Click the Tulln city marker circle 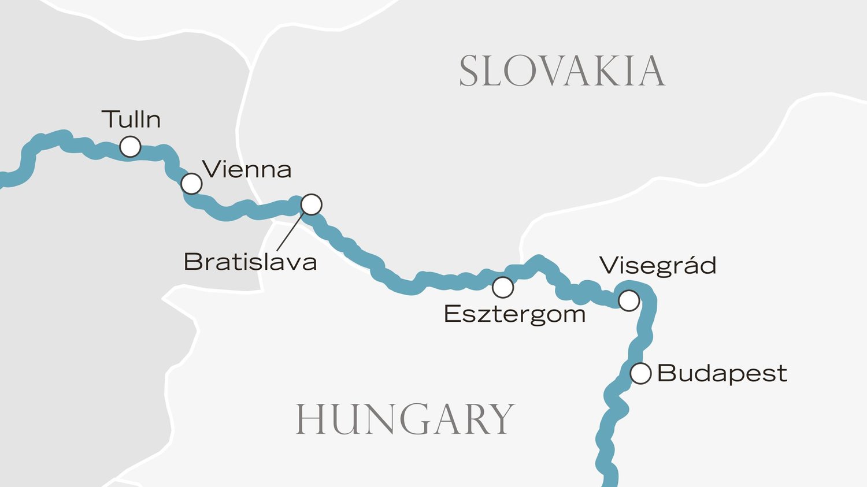130,147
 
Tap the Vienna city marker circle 191,184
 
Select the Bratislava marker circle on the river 311,204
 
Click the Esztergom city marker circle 503,287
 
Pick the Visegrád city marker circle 629,300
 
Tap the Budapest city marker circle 640,373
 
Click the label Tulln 131,120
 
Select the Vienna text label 247,170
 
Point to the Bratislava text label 250,262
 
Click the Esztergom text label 514,315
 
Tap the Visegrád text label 658,266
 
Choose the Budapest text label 722,373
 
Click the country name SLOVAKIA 561,72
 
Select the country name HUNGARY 405,419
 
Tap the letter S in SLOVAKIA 470,72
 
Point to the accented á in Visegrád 688,265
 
